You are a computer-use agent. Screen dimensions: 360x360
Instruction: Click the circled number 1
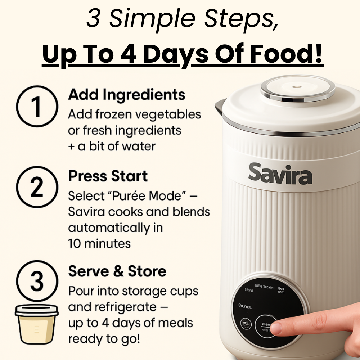point(37,107)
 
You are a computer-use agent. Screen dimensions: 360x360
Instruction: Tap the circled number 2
point(37,188)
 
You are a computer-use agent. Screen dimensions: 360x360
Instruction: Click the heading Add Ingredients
point(127,95)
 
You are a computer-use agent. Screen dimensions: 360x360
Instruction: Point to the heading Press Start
point(108,176)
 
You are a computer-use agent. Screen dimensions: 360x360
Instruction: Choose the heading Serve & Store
point(117,271)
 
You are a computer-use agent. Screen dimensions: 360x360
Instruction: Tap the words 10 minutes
point(99,243)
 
